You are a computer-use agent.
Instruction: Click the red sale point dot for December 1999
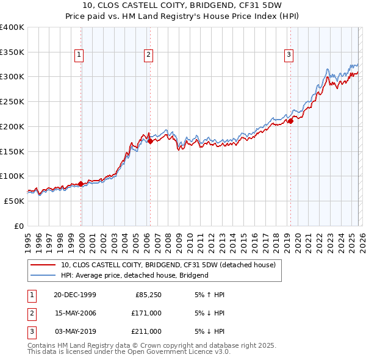(81, 184)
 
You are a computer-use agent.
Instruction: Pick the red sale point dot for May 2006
(150, 141)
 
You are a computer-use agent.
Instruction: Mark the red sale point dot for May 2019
(290, 121)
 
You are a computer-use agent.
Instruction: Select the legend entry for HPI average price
(134, 275)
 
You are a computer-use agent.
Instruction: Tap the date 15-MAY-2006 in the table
(75, 313)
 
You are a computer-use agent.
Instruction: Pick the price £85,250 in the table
(148, 295)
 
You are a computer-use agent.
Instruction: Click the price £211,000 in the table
(146, 331)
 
